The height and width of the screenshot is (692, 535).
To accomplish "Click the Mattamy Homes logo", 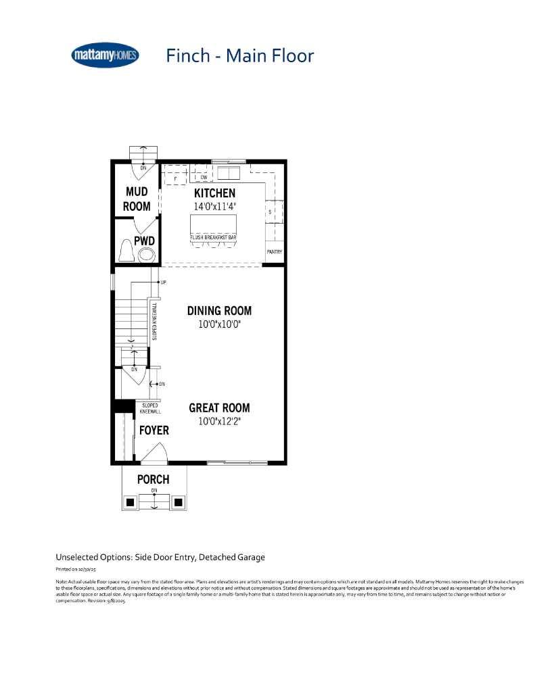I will [x=105, y=55].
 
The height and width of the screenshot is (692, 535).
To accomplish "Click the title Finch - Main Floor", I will [x=240, y=55].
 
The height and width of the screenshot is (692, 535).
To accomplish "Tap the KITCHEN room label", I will [x=214, y=193].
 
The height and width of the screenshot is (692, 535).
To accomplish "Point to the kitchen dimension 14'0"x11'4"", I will [x=214, y=207].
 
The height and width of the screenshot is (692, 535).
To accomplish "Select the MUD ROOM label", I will [x=137, y=199].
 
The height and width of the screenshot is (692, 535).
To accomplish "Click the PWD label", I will [x=144, y=240].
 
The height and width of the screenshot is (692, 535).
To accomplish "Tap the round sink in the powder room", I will [x=146, y=255].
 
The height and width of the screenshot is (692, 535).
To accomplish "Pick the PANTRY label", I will [x=274, y=253].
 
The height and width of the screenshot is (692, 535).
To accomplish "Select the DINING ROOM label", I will [x=219, y=311].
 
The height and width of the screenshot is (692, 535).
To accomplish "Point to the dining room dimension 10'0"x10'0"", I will [x=219, y=324].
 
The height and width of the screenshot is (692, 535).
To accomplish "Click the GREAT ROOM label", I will [x=219, y=407].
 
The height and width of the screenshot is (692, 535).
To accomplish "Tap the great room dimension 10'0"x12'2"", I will [x=219, y=421].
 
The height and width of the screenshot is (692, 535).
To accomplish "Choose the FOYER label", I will [x=154, y=430].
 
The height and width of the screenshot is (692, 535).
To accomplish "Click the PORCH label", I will [x=153, y=480].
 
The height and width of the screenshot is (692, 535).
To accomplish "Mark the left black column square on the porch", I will [x=129, y=502].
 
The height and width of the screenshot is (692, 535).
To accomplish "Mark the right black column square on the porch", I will [x=179, y=502].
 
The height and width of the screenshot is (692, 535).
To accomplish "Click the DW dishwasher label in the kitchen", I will [x=204, y=178].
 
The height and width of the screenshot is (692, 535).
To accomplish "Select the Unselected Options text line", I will [x=160, y=558].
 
